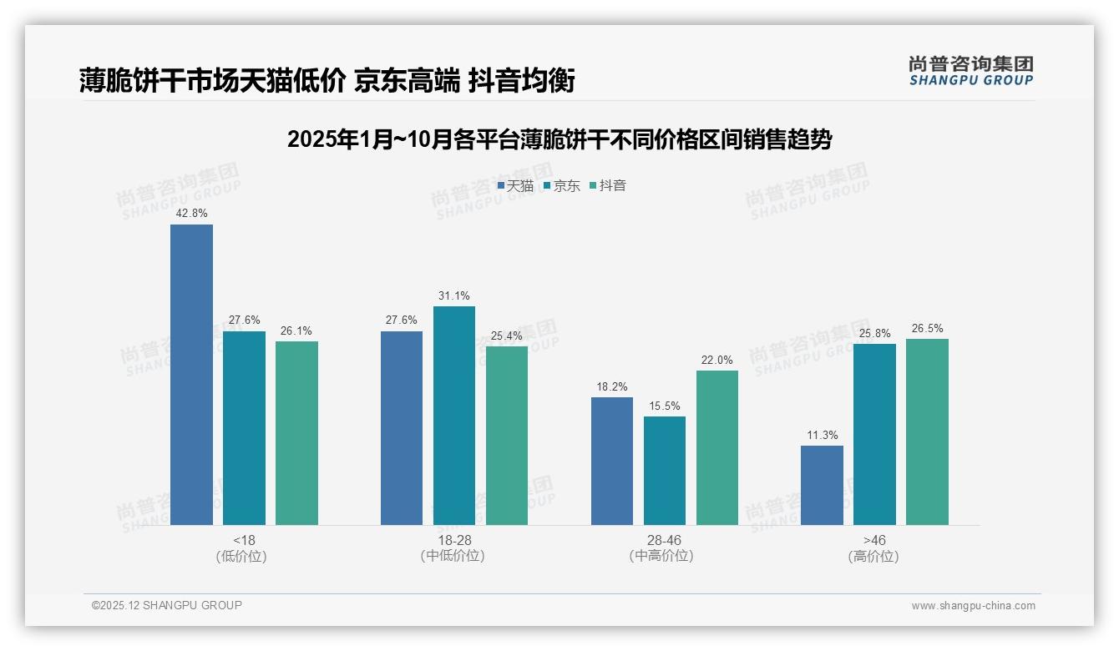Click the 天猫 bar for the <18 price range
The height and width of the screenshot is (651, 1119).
191,375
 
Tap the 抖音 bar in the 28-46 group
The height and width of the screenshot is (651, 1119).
717,447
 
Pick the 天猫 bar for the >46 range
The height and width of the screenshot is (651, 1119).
822,485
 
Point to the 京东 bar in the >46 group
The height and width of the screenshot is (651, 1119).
874,434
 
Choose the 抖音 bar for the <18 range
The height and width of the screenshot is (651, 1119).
296,433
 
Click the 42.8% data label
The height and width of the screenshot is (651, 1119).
191,214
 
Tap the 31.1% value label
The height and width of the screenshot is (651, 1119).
454,295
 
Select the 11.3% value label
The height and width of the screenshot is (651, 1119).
822,435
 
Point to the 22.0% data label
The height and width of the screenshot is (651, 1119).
717,360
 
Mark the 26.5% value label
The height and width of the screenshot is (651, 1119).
927,328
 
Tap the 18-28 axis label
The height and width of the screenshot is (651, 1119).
453,540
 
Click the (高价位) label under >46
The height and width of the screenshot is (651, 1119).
873,556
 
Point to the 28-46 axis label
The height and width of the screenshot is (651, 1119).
664,540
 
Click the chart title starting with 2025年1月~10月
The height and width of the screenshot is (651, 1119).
559,139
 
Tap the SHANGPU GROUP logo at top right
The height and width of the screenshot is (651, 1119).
970,70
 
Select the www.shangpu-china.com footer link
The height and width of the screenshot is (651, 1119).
973,606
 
